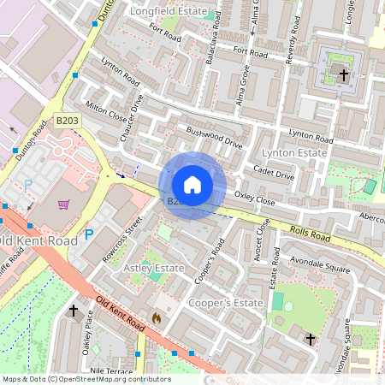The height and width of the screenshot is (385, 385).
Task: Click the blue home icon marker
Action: pos(192,184)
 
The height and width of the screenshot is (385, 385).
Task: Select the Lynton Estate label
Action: pos(295,152)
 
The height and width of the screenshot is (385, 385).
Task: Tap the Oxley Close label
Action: pos(255,198)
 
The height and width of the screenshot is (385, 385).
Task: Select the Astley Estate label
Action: pos(155,268)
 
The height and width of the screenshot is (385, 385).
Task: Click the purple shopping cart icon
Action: pos(63,204)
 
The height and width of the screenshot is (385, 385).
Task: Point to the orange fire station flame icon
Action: pos(156,317)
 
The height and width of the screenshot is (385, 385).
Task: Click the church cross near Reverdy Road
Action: pos(344,74)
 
